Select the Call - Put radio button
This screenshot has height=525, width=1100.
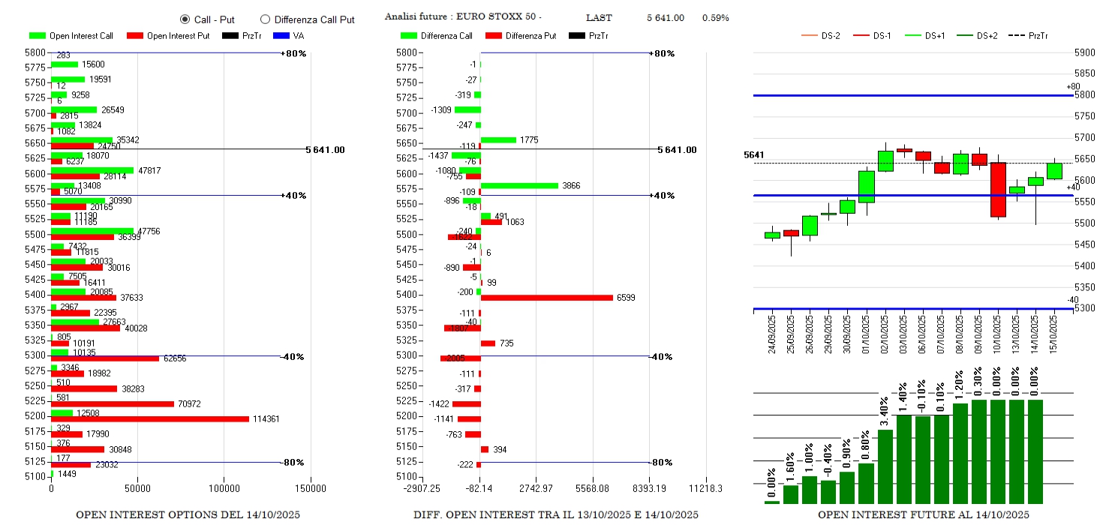click(x=185, y=19)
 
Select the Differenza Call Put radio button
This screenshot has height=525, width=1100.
click(x=265, y=19)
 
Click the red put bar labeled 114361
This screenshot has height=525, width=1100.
click(x=150, y=418)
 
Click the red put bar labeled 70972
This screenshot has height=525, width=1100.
click(x=113, y=403)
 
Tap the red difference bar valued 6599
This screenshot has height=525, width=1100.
click(x=547, y=298)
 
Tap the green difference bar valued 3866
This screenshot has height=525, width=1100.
click(x=519, y=185)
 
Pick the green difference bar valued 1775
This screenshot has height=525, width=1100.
click(x=498, y=139)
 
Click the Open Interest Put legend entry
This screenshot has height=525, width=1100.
click(x=169, y=35)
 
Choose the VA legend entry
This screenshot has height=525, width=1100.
click(x=290, y=35)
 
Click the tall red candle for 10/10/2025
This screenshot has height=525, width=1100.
click(x=998, y=190)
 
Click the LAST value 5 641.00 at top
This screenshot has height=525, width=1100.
click(x=665, y=17)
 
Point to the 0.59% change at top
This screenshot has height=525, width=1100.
click(x=715, y=17)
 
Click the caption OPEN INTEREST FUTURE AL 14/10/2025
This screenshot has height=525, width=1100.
click(x=923, y=514)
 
